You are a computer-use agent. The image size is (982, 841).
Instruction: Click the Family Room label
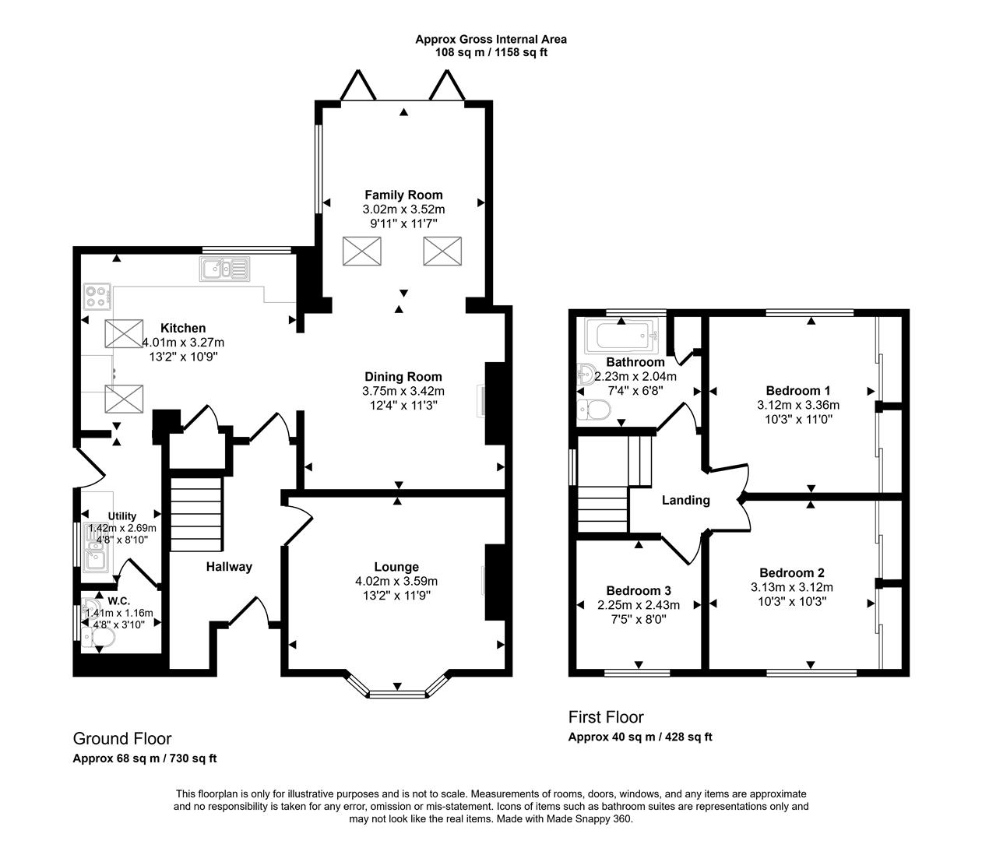click(403, 195)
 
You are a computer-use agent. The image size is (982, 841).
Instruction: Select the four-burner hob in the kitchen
click(97, 296)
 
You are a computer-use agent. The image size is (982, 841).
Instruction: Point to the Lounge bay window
click(397, 690)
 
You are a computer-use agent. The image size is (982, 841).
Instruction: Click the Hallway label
click(229, 567)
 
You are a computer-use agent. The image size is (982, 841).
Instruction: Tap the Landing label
click(685, 500)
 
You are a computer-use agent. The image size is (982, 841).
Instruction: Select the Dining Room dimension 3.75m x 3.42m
click(403, 391)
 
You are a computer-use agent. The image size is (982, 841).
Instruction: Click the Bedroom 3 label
click(639, 590)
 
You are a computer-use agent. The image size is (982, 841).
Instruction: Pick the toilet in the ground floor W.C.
click(101, 638)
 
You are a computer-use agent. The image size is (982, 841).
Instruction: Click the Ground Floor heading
click(122, 738)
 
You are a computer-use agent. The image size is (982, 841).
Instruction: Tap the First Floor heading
click(606, 716)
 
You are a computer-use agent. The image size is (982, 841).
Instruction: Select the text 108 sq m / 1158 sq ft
click(491, 53)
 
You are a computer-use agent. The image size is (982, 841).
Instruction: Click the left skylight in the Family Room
click(363, 252)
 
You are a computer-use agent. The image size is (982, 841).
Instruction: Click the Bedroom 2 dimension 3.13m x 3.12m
click(791, 587)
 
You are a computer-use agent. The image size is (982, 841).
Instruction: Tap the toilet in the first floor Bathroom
click(595, 409)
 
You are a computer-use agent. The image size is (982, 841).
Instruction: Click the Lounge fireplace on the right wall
click(494, 582)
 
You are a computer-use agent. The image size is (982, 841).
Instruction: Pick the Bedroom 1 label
click(798, 391)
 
